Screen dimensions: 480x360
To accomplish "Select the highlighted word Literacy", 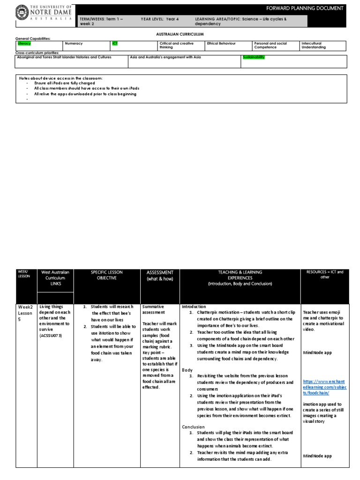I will (x=24, y=44).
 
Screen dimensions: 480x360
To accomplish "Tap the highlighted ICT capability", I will (x=115, y=44).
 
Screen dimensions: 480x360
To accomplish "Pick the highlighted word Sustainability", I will (x=254, y=57).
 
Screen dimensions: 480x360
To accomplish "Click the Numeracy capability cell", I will (x=74, y=44).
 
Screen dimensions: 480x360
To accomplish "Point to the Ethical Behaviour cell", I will (x=221, y=44).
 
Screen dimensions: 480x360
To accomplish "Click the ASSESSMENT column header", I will (x=160, y=275).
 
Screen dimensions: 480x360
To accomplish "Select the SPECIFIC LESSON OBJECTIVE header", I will (x=107, y=275).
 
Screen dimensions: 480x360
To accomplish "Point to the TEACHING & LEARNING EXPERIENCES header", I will (x=240, y=278).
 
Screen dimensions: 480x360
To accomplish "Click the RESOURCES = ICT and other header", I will (x=324, y=274).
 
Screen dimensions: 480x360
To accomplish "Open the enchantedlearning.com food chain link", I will (x=324, y=387).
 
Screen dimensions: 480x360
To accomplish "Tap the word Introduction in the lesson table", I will (x=194, y=307).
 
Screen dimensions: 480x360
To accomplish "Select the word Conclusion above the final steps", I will (x=193, y=427).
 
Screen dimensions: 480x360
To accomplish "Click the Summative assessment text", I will (x=153, y=309).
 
